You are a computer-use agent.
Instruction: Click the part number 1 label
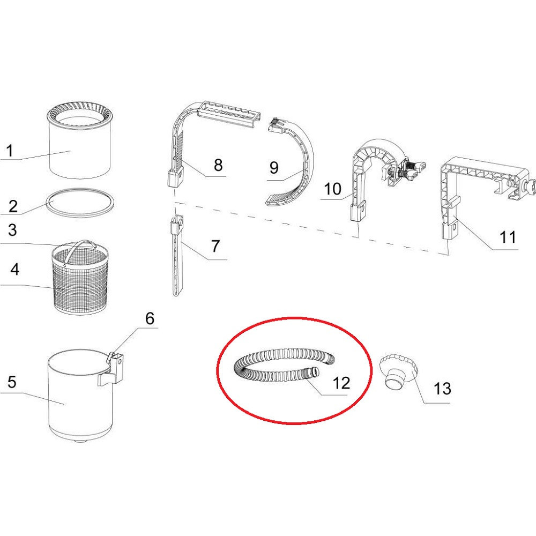(10, 151)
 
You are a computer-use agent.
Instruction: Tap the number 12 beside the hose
(341, 383)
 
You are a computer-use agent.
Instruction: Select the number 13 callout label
(442, 389)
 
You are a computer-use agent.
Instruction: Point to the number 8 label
(218, 165)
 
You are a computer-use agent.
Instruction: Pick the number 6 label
(150, 318)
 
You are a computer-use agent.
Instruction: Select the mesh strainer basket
(80, 280)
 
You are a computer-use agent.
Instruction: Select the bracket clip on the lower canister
(111, 371)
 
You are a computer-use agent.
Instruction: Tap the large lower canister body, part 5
(81, 397)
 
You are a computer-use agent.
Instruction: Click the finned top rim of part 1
(80, 116)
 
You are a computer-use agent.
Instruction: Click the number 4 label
(14, 270)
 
